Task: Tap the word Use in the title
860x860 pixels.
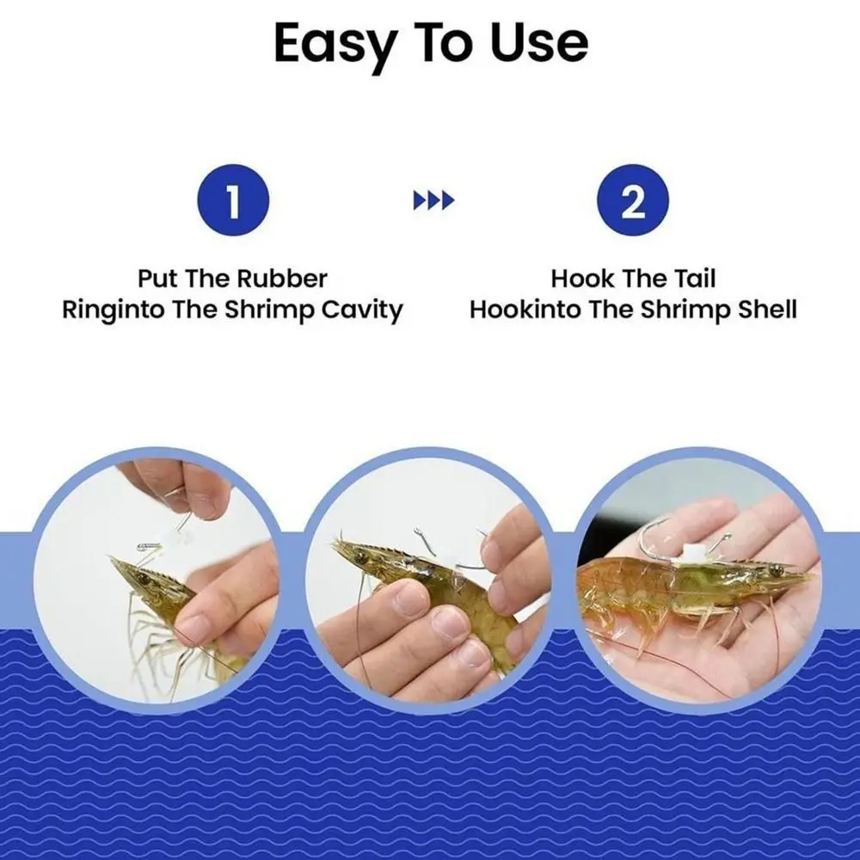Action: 539,43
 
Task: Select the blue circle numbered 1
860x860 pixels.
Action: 233,200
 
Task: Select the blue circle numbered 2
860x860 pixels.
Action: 633,200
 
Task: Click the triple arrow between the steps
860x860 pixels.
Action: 433,200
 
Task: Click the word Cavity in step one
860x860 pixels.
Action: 362,310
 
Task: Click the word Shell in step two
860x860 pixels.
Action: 767,310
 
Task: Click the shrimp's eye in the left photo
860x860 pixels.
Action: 144,577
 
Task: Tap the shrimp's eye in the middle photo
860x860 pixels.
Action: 362,556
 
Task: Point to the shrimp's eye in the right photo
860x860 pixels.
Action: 775,572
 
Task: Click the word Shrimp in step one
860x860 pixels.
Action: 271,310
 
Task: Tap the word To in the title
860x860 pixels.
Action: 445,43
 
